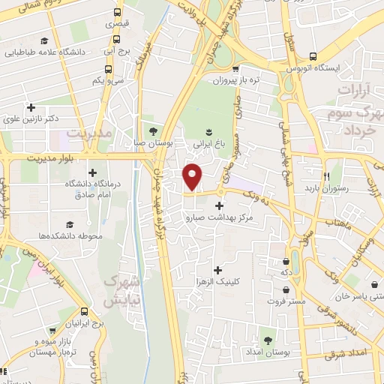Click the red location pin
pos(193,176)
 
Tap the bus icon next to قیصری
pos(117,13)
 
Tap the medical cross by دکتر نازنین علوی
pos(31,107)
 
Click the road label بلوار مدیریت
pos(52,158)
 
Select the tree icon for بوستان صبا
pos(154,130)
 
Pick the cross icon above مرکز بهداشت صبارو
pos(219,205)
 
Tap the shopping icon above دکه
pos(286,262)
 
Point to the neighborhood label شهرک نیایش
pos(121,291)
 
